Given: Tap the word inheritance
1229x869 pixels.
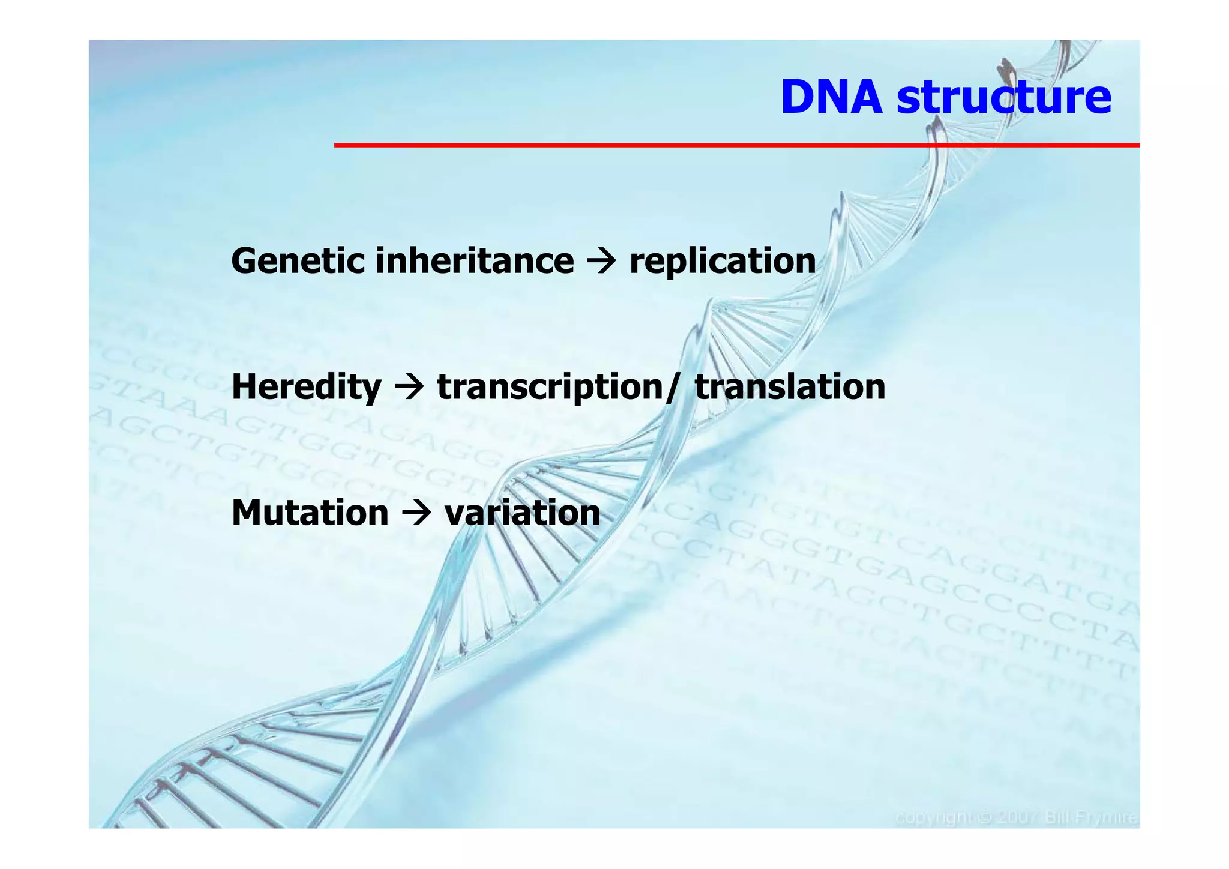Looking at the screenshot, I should tap(475, 262).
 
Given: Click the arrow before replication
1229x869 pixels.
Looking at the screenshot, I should tap(602, 262).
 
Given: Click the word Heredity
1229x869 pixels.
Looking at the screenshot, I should tap(306, 387).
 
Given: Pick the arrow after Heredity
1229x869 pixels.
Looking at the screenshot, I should tap(409, 387).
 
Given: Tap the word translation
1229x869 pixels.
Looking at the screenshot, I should tap(790, 387).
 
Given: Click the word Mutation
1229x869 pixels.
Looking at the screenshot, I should tap(310, 513).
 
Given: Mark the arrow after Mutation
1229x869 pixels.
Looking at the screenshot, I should tap(416, 514).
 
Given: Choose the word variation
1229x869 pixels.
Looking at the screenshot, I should tap(522, 514).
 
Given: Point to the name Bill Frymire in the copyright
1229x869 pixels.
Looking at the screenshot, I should tap(1091, 818).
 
